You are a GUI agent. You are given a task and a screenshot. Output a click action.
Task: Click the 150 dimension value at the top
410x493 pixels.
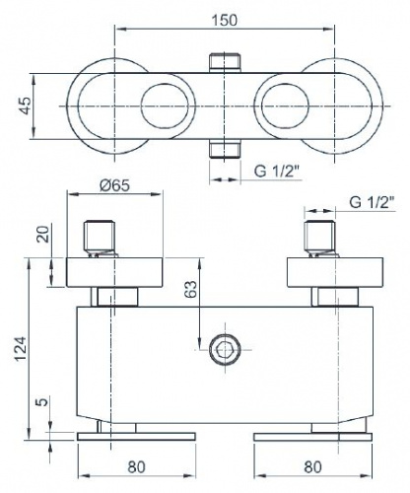point(225,21)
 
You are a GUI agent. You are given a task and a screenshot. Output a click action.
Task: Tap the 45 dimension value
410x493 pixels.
point(26,106)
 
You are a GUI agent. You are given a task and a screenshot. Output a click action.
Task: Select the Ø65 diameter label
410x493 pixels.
point(114,185)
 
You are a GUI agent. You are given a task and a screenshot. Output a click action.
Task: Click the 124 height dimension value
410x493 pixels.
point(22,349)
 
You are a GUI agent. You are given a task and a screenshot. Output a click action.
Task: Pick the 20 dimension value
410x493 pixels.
point(43,234)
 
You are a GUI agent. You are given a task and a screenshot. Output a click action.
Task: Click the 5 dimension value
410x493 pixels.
point(43,401)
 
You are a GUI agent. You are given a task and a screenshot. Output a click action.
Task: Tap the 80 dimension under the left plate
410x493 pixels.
point(136,466)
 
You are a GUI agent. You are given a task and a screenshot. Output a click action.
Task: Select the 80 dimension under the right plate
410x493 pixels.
point(312,466)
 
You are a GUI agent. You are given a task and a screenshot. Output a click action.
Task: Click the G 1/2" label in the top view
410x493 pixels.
point(277,172)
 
